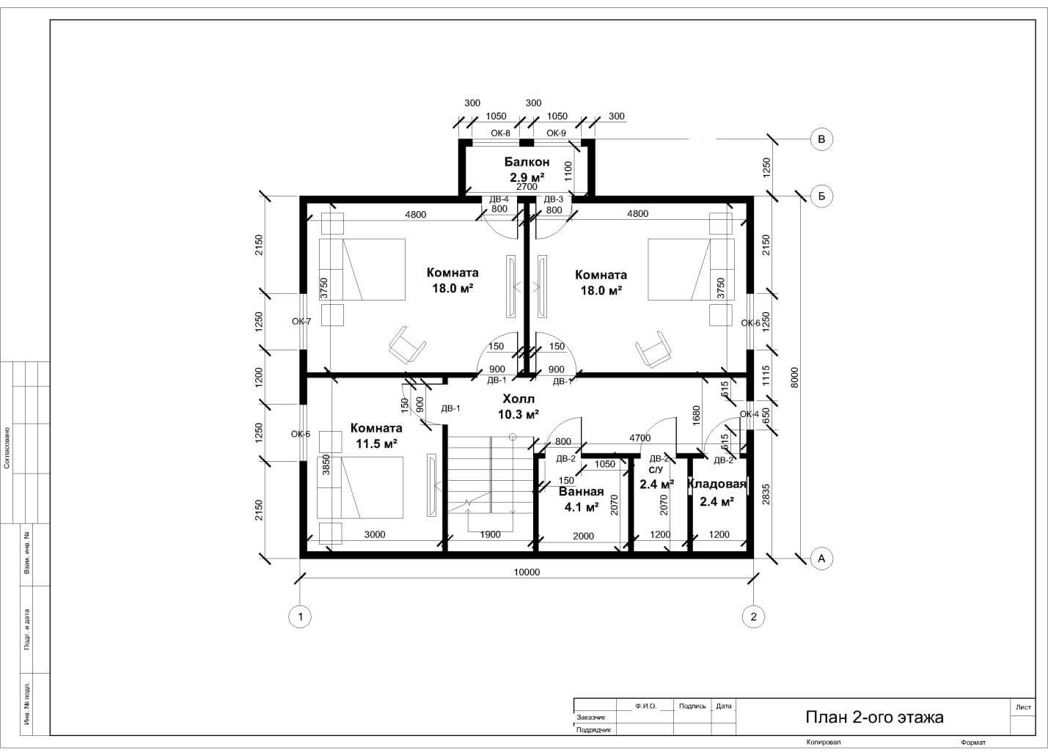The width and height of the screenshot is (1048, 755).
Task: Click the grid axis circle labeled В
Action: coord(821,139)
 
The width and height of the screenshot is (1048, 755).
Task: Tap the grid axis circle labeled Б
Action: coord(821,196)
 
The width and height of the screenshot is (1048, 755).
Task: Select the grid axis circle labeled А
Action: coord(821,558)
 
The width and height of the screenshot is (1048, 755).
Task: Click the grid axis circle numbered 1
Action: coord(301,616)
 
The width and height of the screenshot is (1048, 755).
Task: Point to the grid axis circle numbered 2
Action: coord(753,616)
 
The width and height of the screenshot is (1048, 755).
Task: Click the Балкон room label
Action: coord(527,162)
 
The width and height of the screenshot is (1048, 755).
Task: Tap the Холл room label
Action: coord(518,399)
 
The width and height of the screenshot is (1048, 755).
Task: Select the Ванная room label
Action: coord(581,491)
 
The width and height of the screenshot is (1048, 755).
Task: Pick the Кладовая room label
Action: coord(717,485)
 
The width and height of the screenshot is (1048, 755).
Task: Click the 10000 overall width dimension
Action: coord(527,572)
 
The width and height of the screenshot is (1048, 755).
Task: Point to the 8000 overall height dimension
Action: coord(794,377)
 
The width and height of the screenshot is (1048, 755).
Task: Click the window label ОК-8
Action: coord(500,133)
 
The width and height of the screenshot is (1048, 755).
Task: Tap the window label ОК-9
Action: coord(557,133)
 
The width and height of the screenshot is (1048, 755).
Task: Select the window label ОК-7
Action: coord(301,322)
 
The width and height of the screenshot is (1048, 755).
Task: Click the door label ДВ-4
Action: coord(499,199)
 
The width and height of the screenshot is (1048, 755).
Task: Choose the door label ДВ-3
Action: coord(554,199)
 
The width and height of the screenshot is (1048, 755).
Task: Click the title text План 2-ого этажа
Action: coord(874,717)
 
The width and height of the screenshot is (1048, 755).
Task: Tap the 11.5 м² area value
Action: coord(377,443)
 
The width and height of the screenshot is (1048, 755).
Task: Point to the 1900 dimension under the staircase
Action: coord(491,535)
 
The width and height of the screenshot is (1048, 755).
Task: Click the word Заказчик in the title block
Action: coord(591,717)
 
